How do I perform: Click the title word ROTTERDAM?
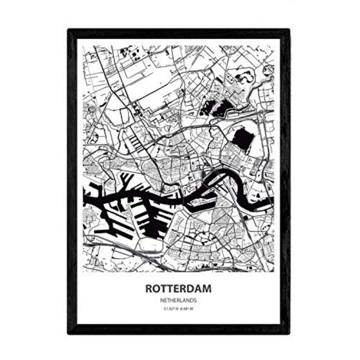click(x=178, y=289)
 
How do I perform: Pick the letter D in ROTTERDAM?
click(x=191, y=289)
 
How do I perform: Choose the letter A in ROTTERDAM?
click(x=199, y=289)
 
